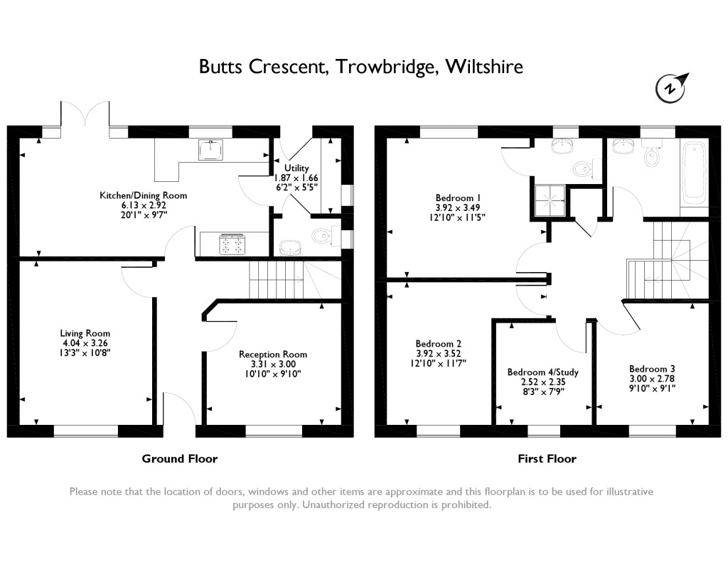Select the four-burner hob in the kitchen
point(233,244)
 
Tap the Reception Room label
point(273,364)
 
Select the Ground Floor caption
point(180,459)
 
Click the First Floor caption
point(547,459)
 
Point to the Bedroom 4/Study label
point(541,381)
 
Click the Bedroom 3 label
point(652,378)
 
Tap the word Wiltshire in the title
point(483,67)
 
